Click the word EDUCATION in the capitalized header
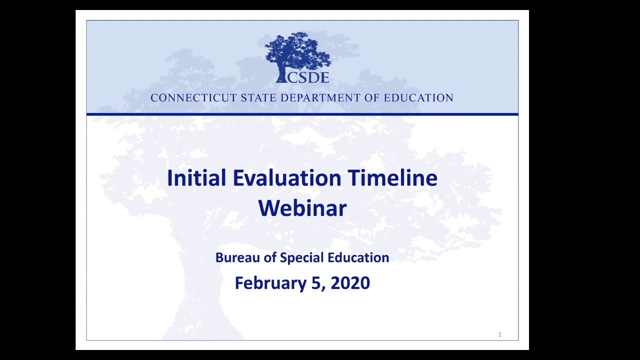[418, 98]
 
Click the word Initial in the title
[196, 178]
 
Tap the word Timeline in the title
[392, 178]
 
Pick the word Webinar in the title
[302, 208]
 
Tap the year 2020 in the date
[350, 283]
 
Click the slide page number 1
[499, 334]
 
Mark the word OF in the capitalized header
[372, 98]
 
